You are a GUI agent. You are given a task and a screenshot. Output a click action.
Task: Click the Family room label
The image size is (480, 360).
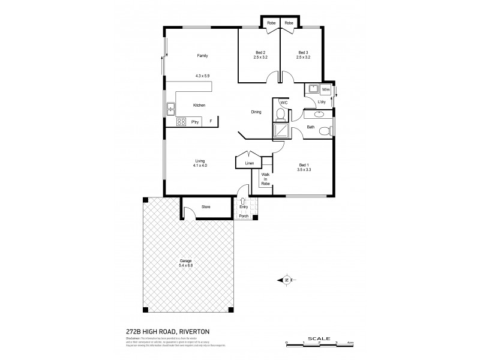click(x=203, y=56)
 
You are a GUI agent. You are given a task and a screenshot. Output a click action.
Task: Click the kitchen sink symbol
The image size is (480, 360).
click(x=170, y=108)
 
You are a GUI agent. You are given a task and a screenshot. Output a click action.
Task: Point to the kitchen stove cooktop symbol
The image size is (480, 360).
click(x=180, y=122)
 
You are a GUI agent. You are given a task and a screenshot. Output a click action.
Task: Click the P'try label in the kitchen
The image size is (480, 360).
click(x=194, y=122)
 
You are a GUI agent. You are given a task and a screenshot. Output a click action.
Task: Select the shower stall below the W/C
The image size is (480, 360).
click(x=280, y=130)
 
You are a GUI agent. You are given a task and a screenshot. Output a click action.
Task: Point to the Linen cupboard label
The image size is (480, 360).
click(x=250, y=163)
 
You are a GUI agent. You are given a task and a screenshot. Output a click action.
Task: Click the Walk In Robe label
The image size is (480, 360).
click(x=265, y=179)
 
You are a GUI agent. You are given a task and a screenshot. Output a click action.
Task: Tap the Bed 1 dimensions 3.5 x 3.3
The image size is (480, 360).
click(x=304, y=171)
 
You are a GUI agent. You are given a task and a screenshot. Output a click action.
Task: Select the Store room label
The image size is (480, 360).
click(x=206, y=207)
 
